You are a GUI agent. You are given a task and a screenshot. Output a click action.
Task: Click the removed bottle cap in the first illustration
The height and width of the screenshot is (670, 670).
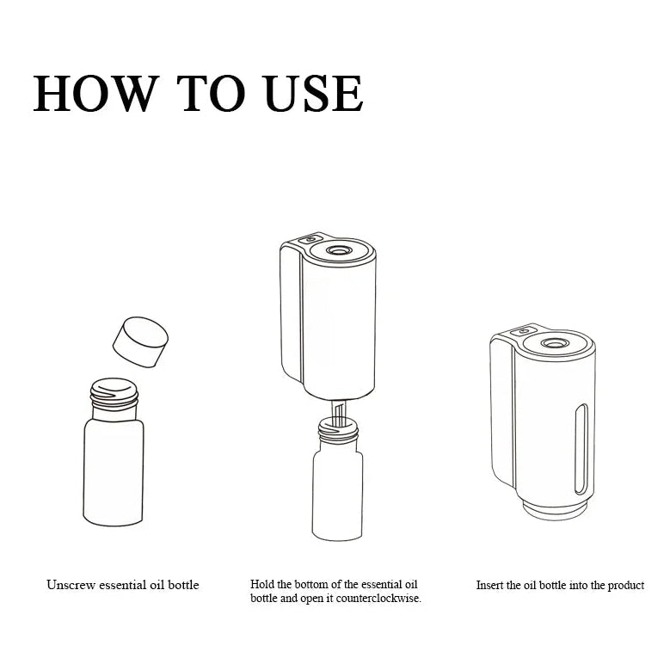pyautogui.click(x=140, y=341)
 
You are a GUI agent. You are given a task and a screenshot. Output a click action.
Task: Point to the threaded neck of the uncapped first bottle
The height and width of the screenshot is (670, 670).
pyautogui.click(x=114, y=394)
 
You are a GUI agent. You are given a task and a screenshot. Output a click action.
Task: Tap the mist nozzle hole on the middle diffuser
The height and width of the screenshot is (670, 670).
pyautogui.click(x=339, y=250)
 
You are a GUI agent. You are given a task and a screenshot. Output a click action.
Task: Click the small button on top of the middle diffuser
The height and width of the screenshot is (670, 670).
pyautogui.click(x=310, y=240)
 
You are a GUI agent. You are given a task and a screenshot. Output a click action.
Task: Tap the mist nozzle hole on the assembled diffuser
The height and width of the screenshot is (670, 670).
pyautogui.click(x=554, y=342)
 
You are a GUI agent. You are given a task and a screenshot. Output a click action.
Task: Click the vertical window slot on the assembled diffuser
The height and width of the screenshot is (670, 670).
pyautogui.click(x=581, y=449)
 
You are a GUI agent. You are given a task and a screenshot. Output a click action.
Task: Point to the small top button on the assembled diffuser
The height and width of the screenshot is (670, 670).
pyautogui.click(x=524, y=331)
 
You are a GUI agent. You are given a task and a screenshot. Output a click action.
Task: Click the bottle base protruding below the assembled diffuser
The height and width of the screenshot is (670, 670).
pyautogui.click(x=554, y=511)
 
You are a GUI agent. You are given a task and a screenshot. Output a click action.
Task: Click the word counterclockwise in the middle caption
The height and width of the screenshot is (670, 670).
pyautogui.click(x=378, y=599)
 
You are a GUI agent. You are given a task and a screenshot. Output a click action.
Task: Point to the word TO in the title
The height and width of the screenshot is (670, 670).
pyautogui.click(x=211, y=94)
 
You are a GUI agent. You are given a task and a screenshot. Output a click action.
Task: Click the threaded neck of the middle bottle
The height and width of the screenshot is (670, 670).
pyautogui.click(x=337, y=429)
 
